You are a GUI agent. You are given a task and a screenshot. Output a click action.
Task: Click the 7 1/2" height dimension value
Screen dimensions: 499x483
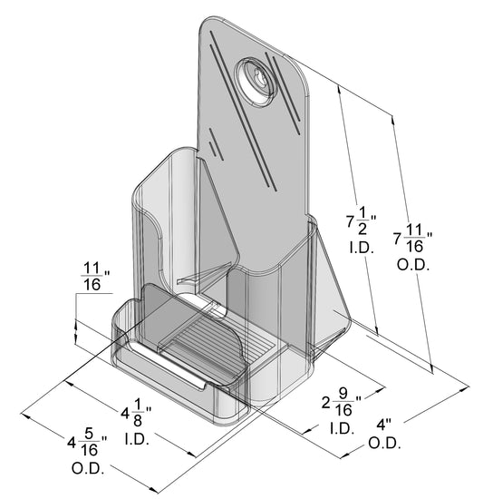pyautogui.click(x=362, y=221)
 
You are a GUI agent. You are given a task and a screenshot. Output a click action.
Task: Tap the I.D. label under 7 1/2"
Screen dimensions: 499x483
pyautogui.click(x=362, y=247)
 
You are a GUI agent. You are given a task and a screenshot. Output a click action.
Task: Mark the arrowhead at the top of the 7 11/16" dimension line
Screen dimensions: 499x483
pyautogui.click(x=392, y=117)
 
